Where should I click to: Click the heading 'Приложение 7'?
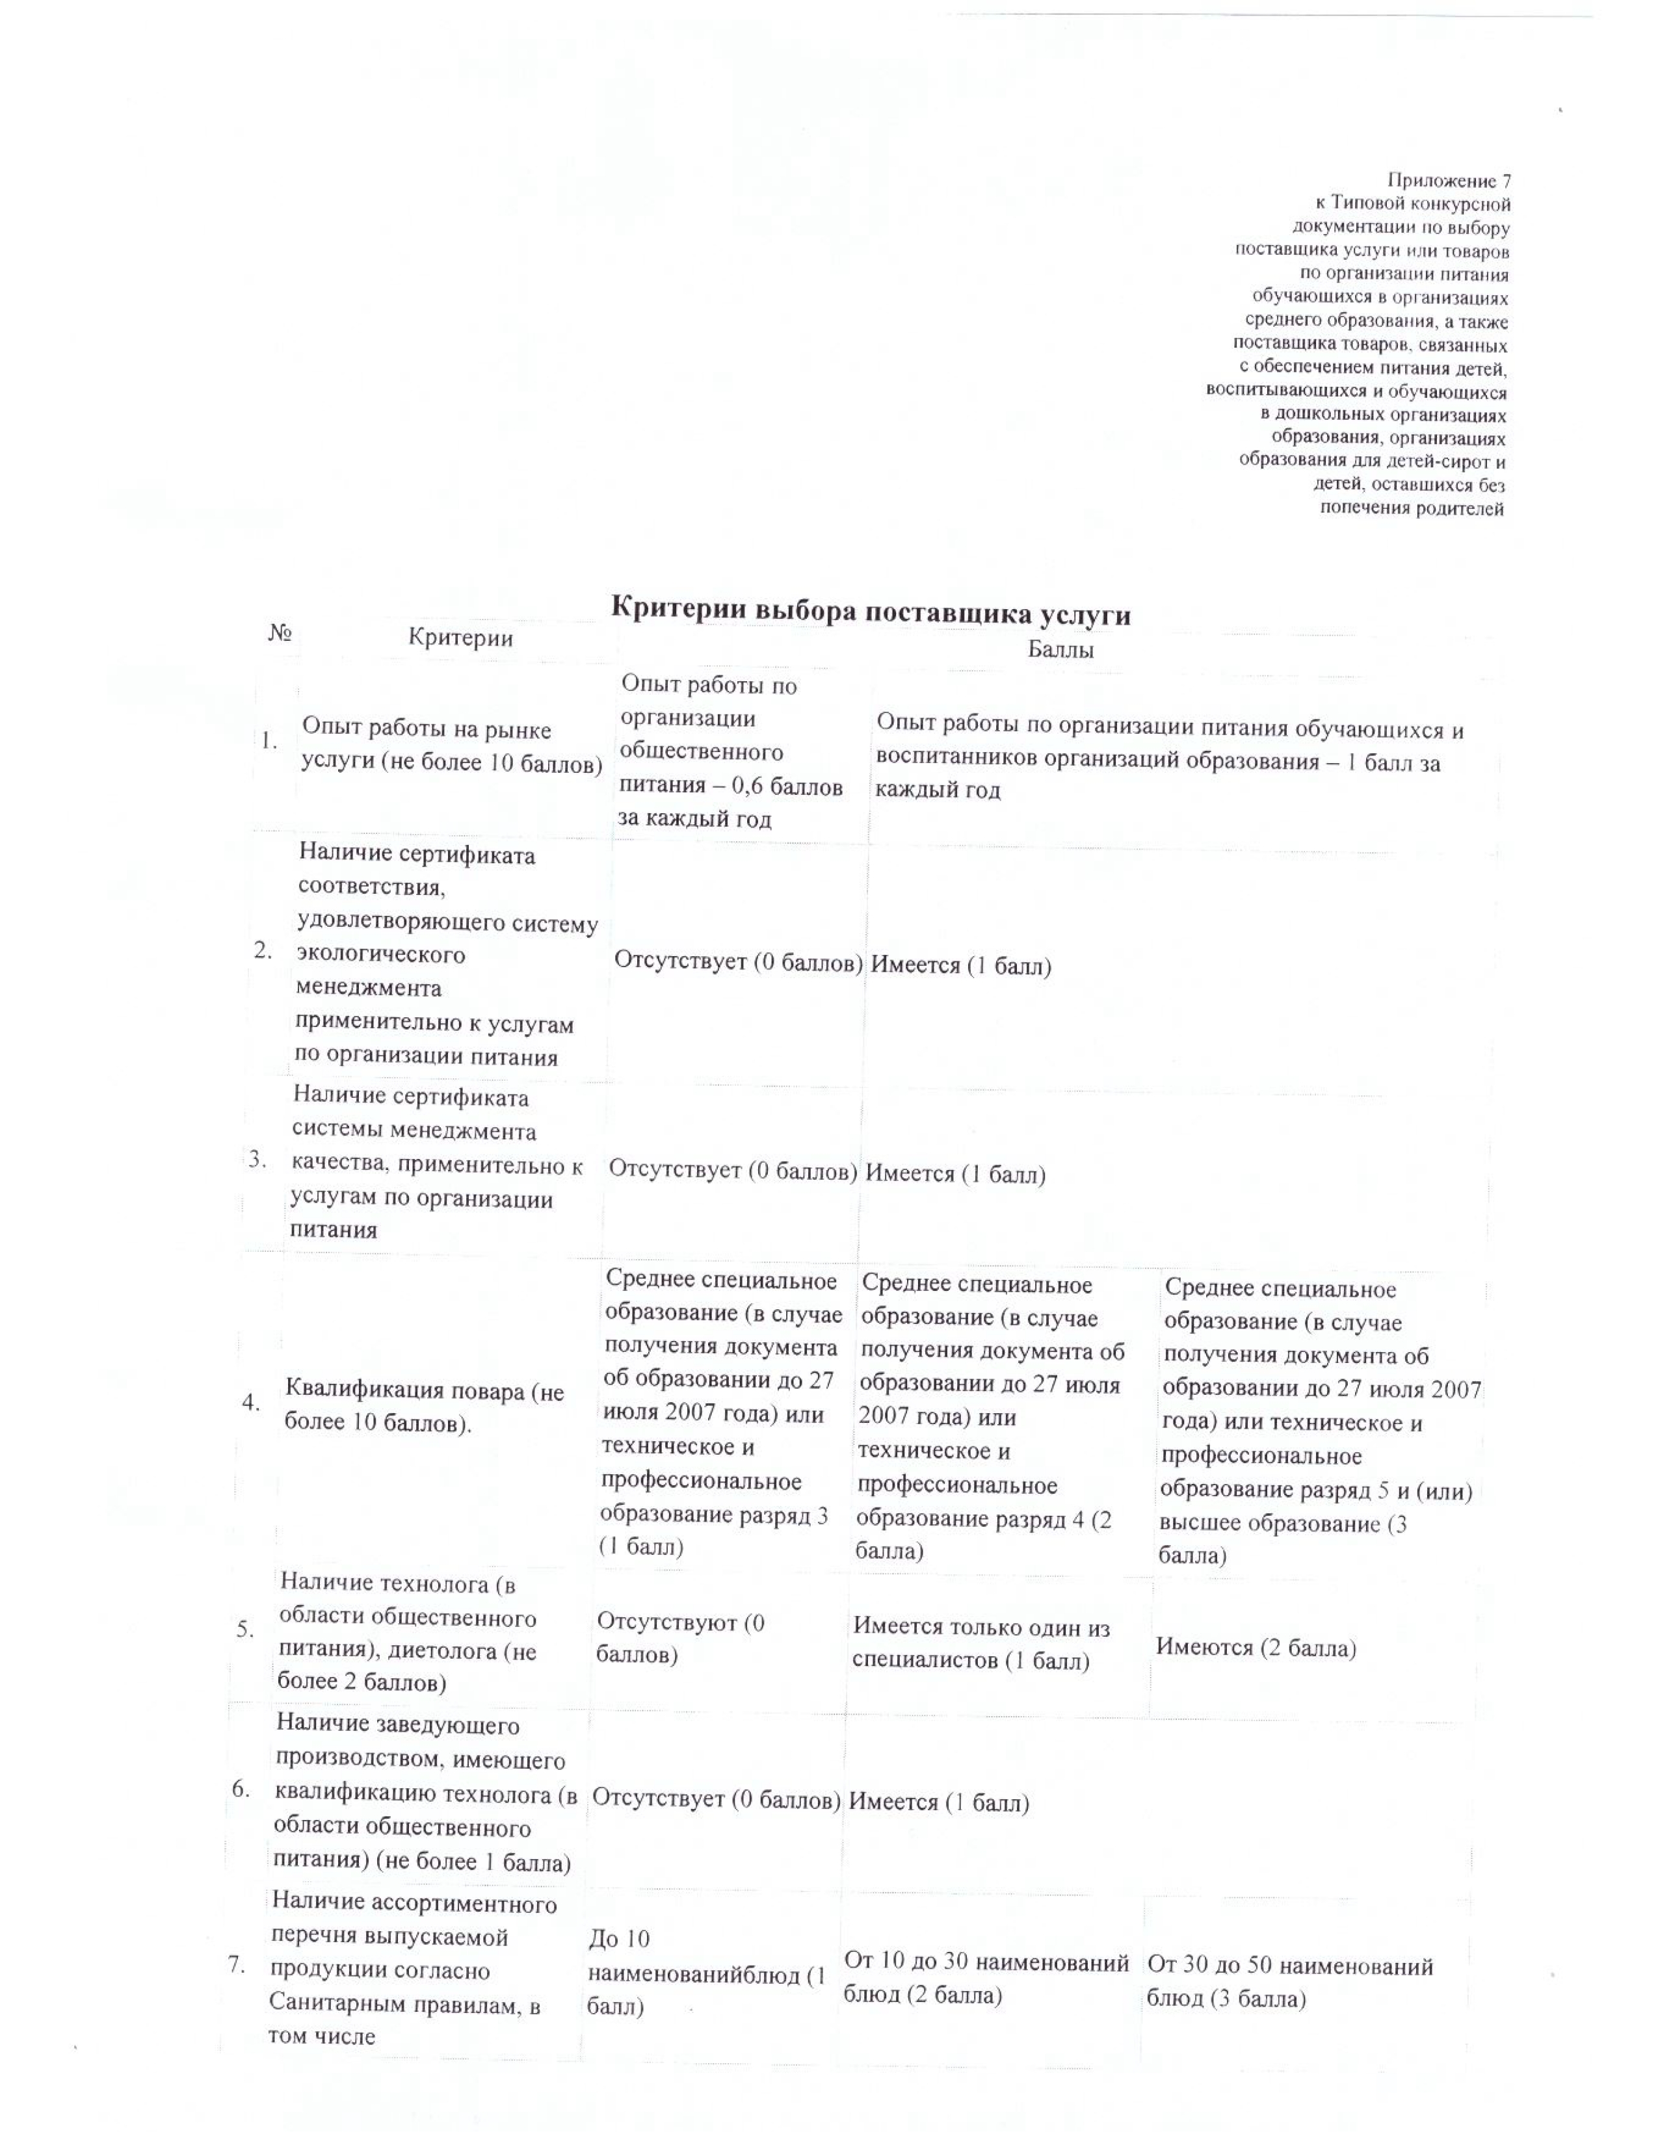pyautogui.click(x=1448, y=181)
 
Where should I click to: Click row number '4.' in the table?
pyautogui.click(x=252, y=1403)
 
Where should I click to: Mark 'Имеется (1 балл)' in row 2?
pyautogui.click(x=960, y=965)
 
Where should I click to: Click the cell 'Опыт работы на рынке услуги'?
pyautogui.click(x=451, y=746)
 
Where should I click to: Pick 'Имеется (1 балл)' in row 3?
pyautogui.click(x=954, y=1174)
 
